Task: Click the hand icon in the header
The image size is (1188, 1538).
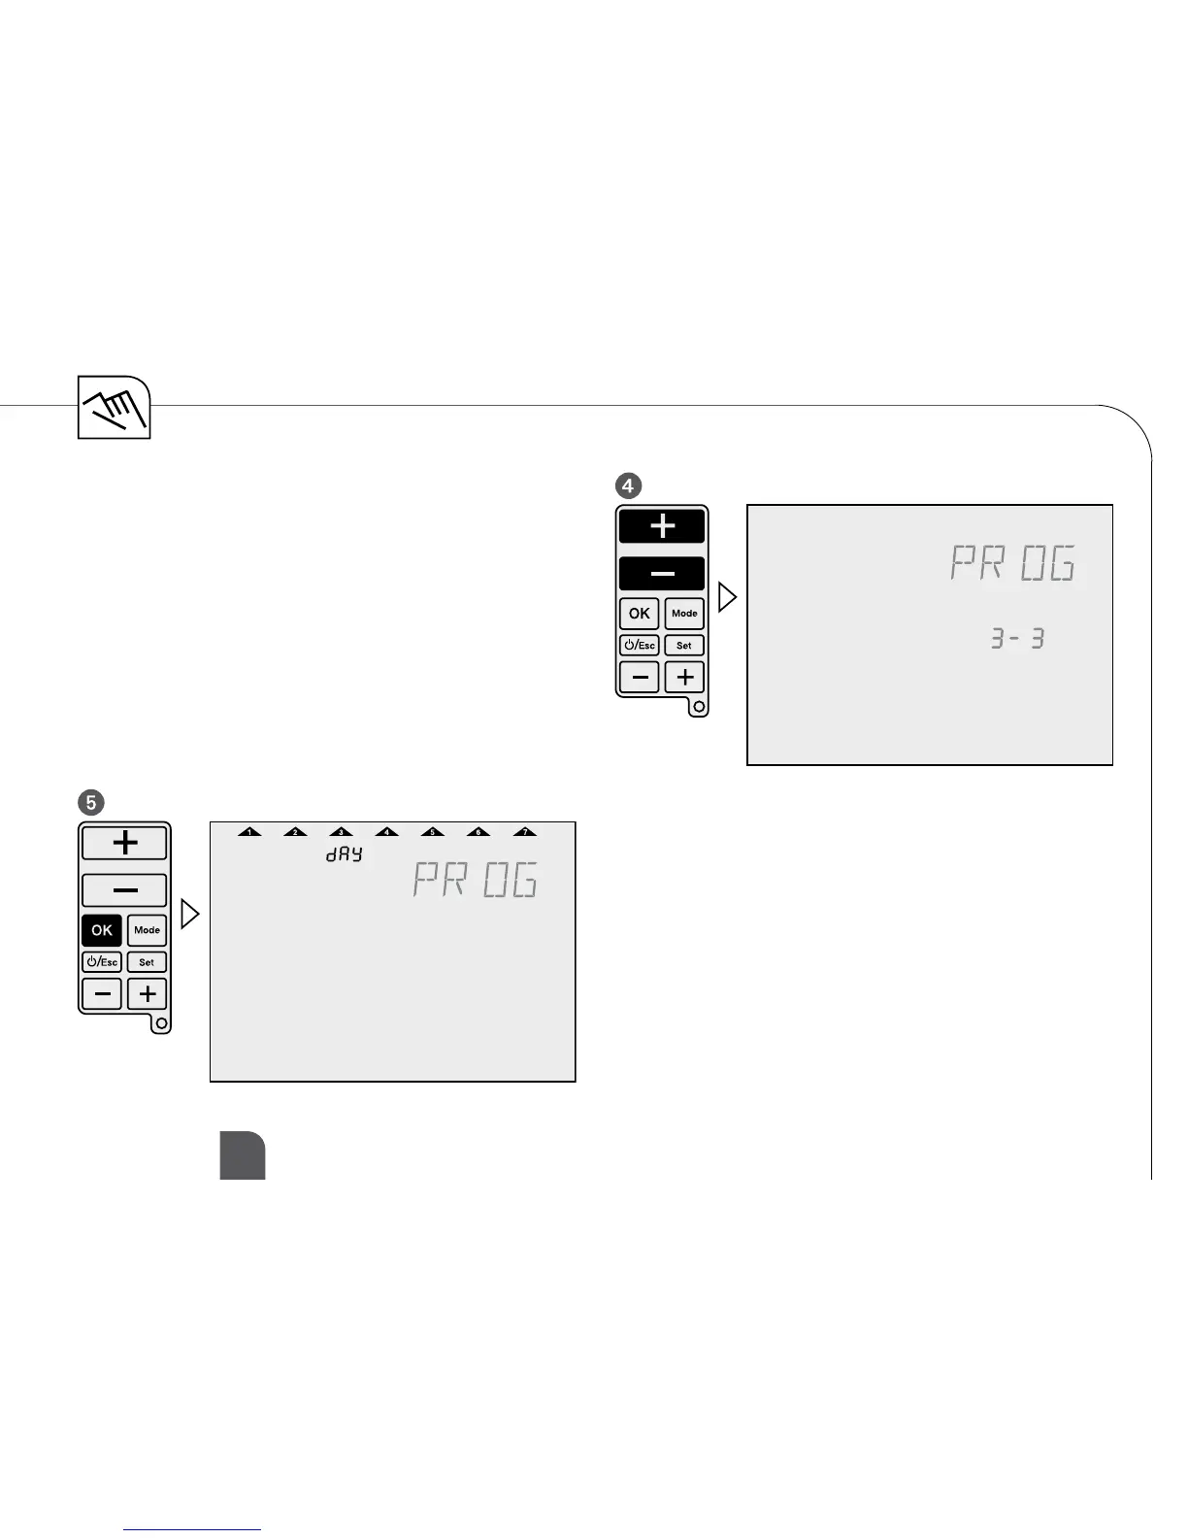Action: (115, 407)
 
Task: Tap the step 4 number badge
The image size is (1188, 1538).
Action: (630, 485)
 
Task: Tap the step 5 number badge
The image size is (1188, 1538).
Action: (91, 802)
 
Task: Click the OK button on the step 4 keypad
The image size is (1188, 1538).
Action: (639, 614)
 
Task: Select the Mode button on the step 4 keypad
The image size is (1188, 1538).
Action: (684, 614)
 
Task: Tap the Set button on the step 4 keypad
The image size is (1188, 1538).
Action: (684, 646)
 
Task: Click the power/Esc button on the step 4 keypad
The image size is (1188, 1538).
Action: (639, 646)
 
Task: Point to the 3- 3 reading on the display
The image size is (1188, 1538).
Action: (1016, 639)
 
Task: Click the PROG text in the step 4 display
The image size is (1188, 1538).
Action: (1012, 563)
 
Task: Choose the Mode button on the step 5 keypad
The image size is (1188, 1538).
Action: (147, 930)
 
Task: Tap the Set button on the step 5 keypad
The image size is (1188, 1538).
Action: (147, 962)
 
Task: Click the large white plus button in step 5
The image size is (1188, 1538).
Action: (124, 843)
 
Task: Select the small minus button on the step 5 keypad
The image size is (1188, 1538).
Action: (102, 994)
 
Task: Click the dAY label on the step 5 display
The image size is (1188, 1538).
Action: (344, 854)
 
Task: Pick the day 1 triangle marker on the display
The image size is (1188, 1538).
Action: (249, 831)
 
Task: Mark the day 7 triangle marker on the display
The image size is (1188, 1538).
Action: (524, 831)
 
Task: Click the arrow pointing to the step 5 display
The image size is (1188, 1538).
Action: (190, 915)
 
